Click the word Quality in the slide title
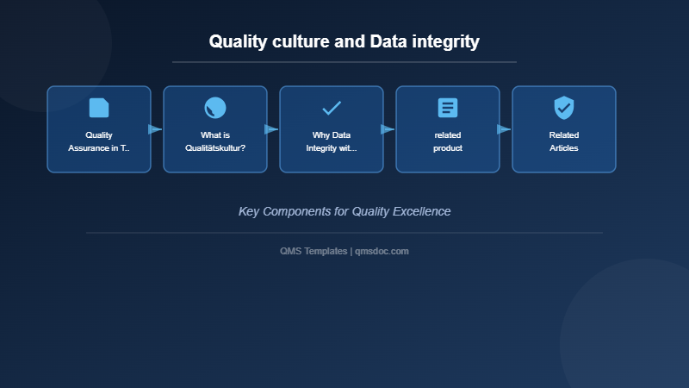(236, 41)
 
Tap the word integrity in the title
(445, 41)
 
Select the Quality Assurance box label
(99, 141)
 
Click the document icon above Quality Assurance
(99, 108)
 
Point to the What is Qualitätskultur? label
(215, 141)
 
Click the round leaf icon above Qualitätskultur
(215, 108)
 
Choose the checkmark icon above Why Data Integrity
(332, 108)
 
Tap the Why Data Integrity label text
(332, 141)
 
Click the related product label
(448, 141)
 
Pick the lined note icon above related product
(448, 108)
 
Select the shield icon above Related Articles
(564, 108)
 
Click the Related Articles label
(564, 141)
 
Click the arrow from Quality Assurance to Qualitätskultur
(155, 129)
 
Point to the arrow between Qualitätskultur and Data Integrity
(271, 129)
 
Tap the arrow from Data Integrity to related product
(388, 129)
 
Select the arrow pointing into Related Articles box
(504, 129)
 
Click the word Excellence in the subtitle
(419, 211)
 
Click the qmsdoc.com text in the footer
(382, 251)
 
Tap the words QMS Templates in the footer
(313, 251)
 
